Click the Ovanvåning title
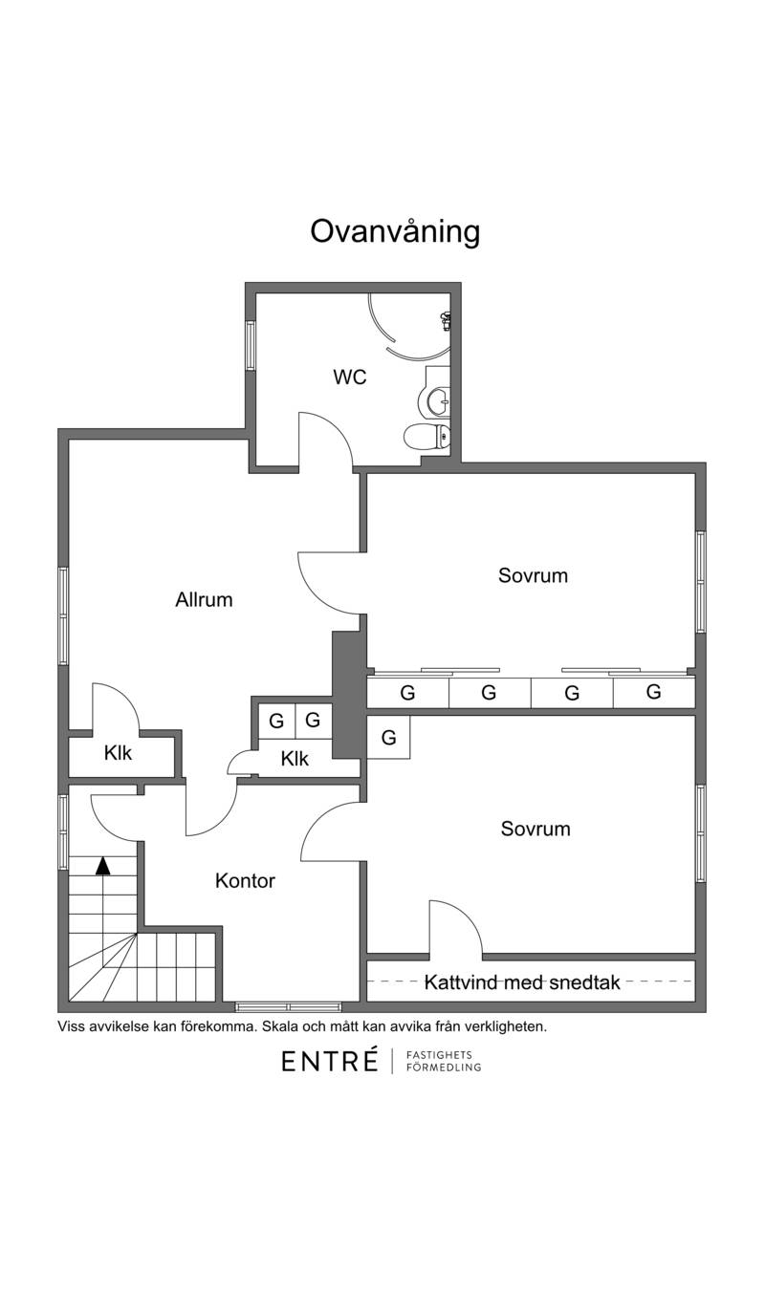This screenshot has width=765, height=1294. click(x=395, y=232)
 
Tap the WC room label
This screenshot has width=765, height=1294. click(x=350, y=377)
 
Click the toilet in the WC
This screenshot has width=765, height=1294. click(x=426, y=437)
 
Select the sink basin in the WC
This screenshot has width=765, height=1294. click(x=435, y=399)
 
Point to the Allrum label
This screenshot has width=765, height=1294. click(x=204, y=599)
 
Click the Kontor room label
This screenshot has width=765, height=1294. click(x=245, y=880)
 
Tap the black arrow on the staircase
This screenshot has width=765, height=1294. click(x=103, y=865)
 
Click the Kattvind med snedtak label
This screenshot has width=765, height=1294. click(x=522, y=982)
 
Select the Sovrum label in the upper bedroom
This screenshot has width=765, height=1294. click(x=534, y=575)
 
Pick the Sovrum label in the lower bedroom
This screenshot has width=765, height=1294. click(x=535, y=829)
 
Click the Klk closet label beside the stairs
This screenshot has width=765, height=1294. click(x=118, y=753)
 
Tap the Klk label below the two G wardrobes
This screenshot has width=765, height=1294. click(x=295, y=759)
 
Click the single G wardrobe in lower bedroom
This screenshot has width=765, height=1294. click(x=388, y=737)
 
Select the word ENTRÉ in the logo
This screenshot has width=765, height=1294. click(x=330, y=1061)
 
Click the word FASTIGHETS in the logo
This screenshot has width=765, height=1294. click(x=440, y=1055)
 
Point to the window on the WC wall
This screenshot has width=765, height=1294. click(x=251, y=345)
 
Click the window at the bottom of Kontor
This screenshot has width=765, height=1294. click(x=288, y=1007)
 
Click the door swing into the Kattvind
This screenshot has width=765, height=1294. click(x=455, y=927)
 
